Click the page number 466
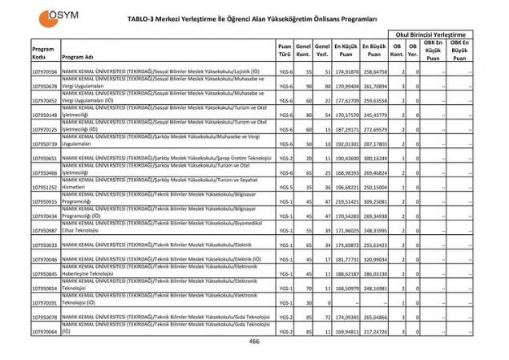(254, 342)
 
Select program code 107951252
(45, 187)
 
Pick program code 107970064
(45, 331)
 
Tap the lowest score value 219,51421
(345, 201)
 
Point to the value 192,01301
(345, 144)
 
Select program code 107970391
(45, 302)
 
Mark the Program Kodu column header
(45, 52)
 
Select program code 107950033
(45, 245)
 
